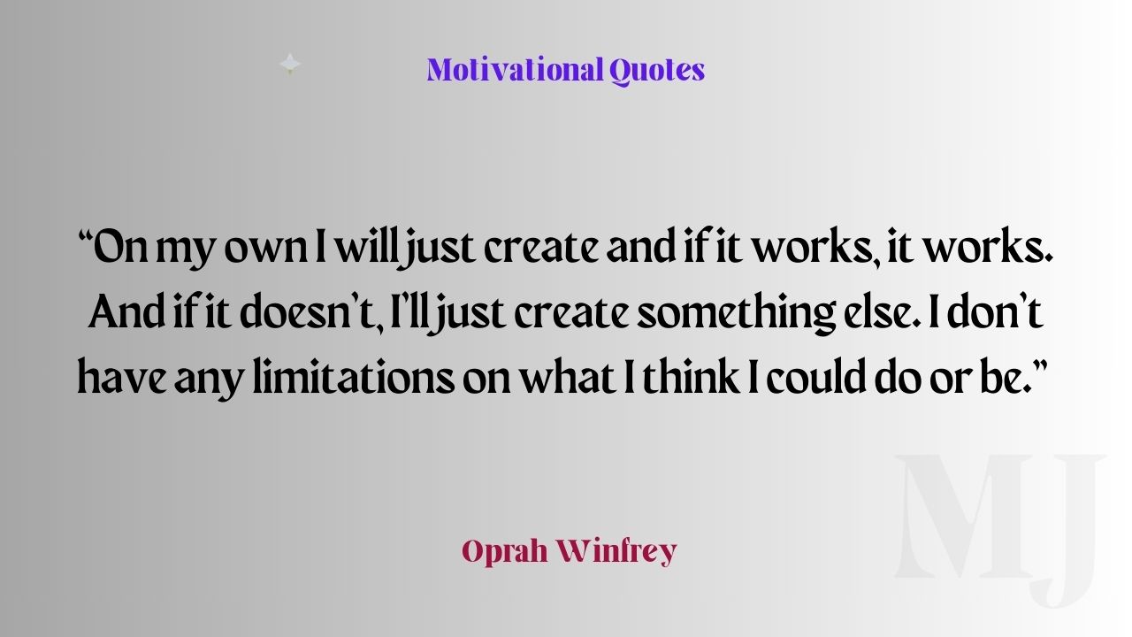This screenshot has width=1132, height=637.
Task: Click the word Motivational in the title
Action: (515, 70)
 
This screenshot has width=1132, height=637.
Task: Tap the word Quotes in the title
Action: (657, 71)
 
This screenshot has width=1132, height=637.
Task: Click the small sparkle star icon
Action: (290, 65)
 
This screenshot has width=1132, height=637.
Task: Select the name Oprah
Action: (505, 552)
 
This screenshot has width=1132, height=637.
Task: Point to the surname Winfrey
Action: (617, 551)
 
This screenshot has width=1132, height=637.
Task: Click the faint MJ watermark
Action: (998, 530)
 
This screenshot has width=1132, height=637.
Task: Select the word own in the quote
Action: (265, 249)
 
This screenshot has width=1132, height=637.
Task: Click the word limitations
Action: (353, 376)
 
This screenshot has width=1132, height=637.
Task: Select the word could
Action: (815, 376)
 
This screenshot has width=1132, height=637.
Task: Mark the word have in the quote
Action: (121, 376)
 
